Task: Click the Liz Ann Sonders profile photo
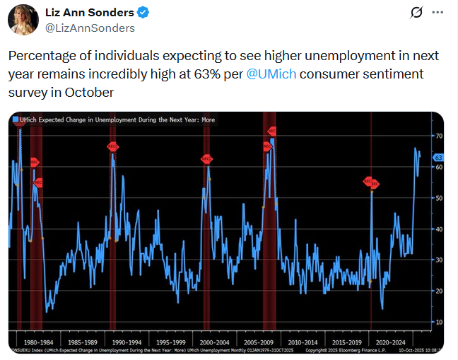(23, 19)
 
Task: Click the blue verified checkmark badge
(142, 13)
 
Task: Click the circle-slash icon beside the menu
(416, 13)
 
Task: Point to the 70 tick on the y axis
(438, 135)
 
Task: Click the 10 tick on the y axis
(438, 322)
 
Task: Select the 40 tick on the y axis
(438, 228)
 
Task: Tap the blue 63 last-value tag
(438, 157)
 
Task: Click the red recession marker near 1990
(112, 146)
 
